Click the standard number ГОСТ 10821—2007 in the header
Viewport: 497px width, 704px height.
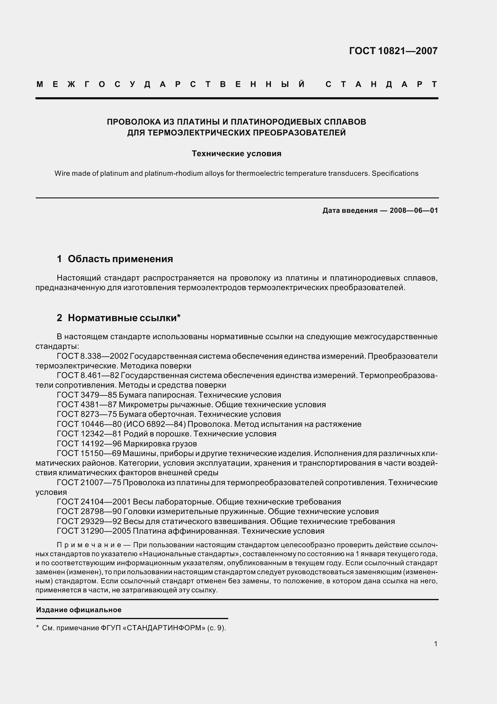tap(393, 51)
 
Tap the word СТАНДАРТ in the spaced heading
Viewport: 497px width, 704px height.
tap(382, 84)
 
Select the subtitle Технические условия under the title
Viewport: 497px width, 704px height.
tap(236, 154)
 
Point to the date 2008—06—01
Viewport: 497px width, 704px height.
tap(414, 211)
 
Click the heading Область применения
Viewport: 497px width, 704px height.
tap(120, 259)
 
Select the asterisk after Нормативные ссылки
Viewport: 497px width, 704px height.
tap(179, 316)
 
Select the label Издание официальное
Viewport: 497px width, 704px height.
tap(79, 610)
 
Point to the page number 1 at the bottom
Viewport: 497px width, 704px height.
tap(436, 644)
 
